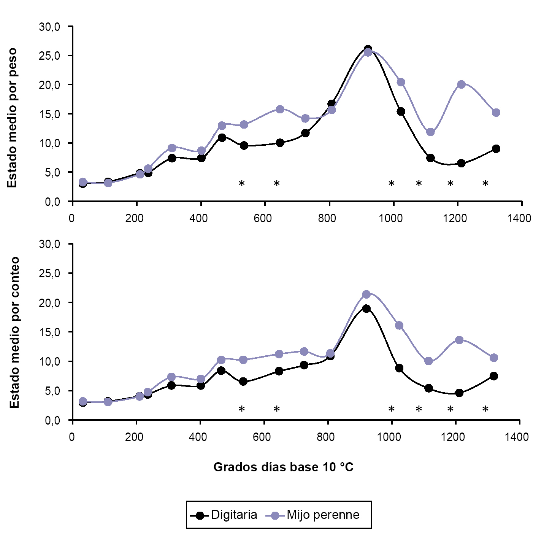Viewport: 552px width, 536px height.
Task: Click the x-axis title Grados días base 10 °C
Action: pyautogui.click(x=283, y=467)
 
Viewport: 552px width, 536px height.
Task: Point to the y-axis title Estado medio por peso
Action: pyautogui.click(x=12, y=118)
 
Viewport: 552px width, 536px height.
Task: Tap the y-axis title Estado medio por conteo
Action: pyautogui.click(x=14, y=332)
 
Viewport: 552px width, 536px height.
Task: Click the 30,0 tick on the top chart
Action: pyautogui.click(x=49, y=27)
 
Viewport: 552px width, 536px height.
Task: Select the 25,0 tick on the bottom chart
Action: pyautogui.click(x=49, y=274)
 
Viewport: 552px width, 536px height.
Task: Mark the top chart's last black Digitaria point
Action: pyautogui.click(x=496, y=149)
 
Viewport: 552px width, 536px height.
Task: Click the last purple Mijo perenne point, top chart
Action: pyautogui.click(x=496, y=113)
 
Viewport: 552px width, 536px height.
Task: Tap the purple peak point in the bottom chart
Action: pyautogui.click(x=366, y=294)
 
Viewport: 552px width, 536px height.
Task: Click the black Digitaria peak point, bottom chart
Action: pyautogui.click(x=366, y=309)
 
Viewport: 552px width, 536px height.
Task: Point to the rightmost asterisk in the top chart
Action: pyautogui.click(x=485, y=184)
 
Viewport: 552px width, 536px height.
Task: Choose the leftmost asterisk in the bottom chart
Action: pyautogui.click(x=241, y=410)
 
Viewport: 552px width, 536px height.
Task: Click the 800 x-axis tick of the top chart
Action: pyautogui.click(x=327, y=218)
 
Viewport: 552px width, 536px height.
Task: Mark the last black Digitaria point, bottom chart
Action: pyautogui.click(x=494, y=376)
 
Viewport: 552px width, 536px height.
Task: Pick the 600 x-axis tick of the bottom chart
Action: pyautogui.click(x=262, y=437)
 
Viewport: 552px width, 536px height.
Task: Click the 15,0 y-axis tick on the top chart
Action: pyautogui.click(x=49, y=114)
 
